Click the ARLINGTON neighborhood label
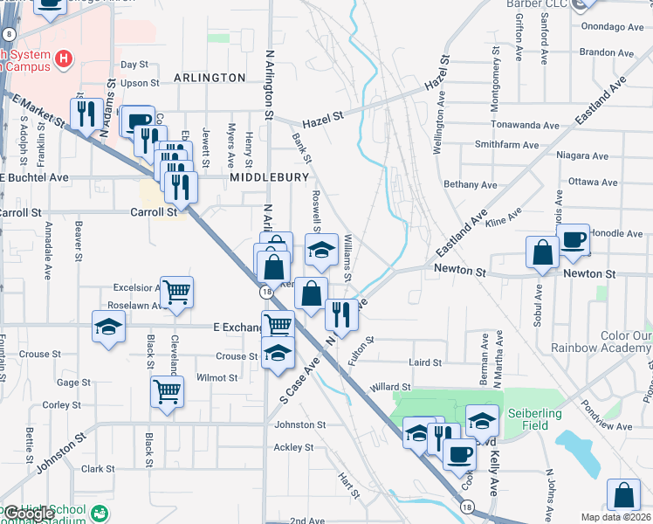coord(210,78)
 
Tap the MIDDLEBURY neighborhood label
coord(270,176)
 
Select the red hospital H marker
coord(63,59)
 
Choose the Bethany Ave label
coord(470,184)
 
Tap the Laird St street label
coord(424,362)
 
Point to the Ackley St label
coord(293,447)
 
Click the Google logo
coord(28,514)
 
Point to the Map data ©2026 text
coord(616,517)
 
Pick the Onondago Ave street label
coord(611,27)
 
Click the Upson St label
coord(140,84)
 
